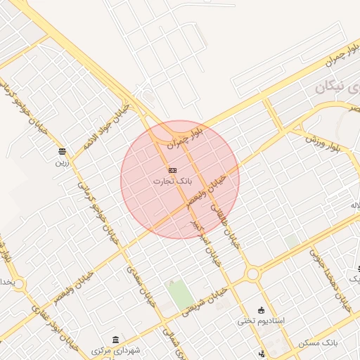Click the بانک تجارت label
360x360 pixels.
(x=172, y=181)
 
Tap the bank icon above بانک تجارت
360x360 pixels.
(x=172, y=170)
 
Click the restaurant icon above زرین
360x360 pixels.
(x=63, y=151)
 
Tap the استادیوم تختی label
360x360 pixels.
(x=260, y=321)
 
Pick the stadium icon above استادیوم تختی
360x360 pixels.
(x=262, y=310)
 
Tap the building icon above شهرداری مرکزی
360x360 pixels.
(x=115, y=340)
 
